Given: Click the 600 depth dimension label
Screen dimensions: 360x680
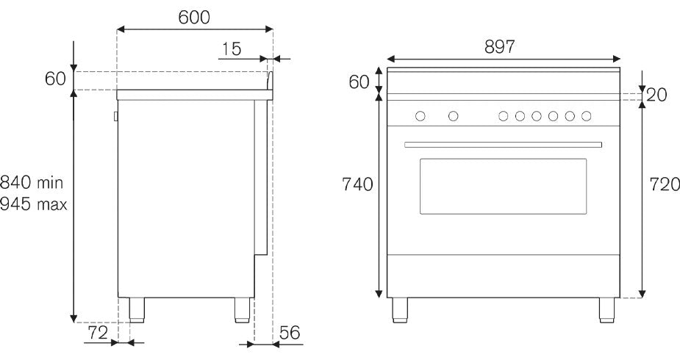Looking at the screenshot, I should click(194, 18).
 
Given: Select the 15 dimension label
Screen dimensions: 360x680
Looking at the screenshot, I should click(231, 48).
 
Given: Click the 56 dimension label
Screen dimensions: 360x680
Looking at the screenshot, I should click(290, 333).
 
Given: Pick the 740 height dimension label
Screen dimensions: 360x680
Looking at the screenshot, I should click(357, 184).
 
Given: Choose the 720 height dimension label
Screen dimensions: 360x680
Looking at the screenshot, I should click(665, 186).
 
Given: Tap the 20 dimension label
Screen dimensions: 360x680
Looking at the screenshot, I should click(657, 95).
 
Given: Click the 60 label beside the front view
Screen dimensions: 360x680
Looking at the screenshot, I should click(359, 82).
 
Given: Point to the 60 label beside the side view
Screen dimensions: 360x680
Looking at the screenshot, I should click(55, 79).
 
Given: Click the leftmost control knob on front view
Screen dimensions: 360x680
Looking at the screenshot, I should click(420, 116).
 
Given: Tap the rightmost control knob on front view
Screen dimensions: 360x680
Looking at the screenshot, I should click(587, 116).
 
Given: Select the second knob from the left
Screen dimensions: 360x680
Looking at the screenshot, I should click(454, 116).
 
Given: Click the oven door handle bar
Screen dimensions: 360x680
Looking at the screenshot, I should click(503, 144).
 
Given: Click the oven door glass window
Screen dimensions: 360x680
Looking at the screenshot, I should click(503, 186).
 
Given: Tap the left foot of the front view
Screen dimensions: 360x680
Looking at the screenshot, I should click(401, 310).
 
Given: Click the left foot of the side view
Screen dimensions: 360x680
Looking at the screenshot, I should click(137, 310).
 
